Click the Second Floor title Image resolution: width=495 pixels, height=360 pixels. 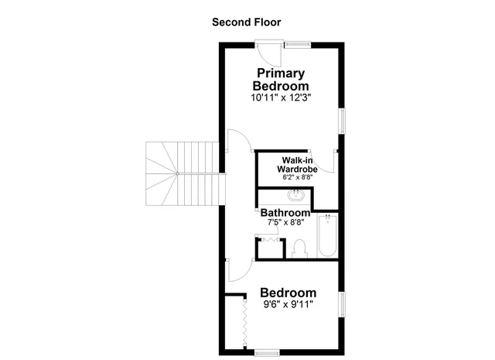(247, 22)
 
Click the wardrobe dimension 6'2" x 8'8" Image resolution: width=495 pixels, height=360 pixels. (297, 177)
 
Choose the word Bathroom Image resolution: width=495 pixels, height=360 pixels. (285, 212)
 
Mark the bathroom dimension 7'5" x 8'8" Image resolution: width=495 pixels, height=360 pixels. (285, 222)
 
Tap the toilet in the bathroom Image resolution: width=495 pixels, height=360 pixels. (300, 248)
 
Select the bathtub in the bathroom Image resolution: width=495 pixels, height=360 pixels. (328, 236)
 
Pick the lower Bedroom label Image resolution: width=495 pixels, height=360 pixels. (288, 293)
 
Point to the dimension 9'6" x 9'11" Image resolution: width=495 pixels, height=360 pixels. (288, 304)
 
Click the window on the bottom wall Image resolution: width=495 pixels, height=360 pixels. (267, 352)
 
